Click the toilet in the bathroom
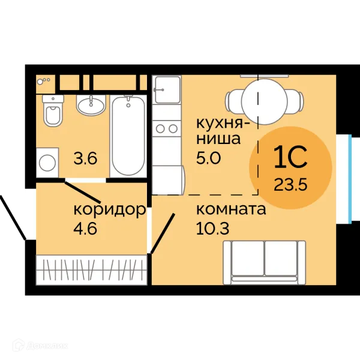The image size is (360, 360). click(53, 110)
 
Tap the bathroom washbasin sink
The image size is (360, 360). click(91, 105)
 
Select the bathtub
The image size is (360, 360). click(128, 136)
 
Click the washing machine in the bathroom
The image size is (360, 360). click(47, 163)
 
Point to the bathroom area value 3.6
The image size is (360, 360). click(85, 158)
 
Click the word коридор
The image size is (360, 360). click(110, 210)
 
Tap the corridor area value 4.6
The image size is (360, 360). click(85, 229)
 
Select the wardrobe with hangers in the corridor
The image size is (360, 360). click(91, 270)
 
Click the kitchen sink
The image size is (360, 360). click(167, 90)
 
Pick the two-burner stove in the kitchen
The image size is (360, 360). click(167, 128)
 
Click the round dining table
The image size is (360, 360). click(265, 101)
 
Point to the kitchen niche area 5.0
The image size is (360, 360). click(208, 158)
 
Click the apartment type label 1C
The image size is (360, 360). click(290, 157)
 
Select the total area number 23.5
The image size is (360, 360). click(290, 185)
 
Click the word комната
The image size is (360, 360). click(231, 209)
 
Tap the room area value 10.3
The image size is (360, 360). click(212, 229)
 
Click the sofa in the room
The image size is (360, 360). click(265, 263)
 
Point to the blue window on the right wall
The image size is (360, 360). click(350, 179)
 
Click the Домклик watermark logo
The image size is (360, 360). click(40, 346)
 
